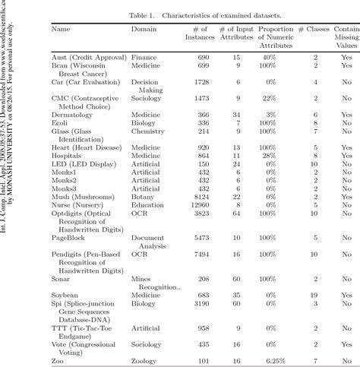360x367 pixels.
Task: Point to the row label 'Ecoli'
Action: pos(62,123)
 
